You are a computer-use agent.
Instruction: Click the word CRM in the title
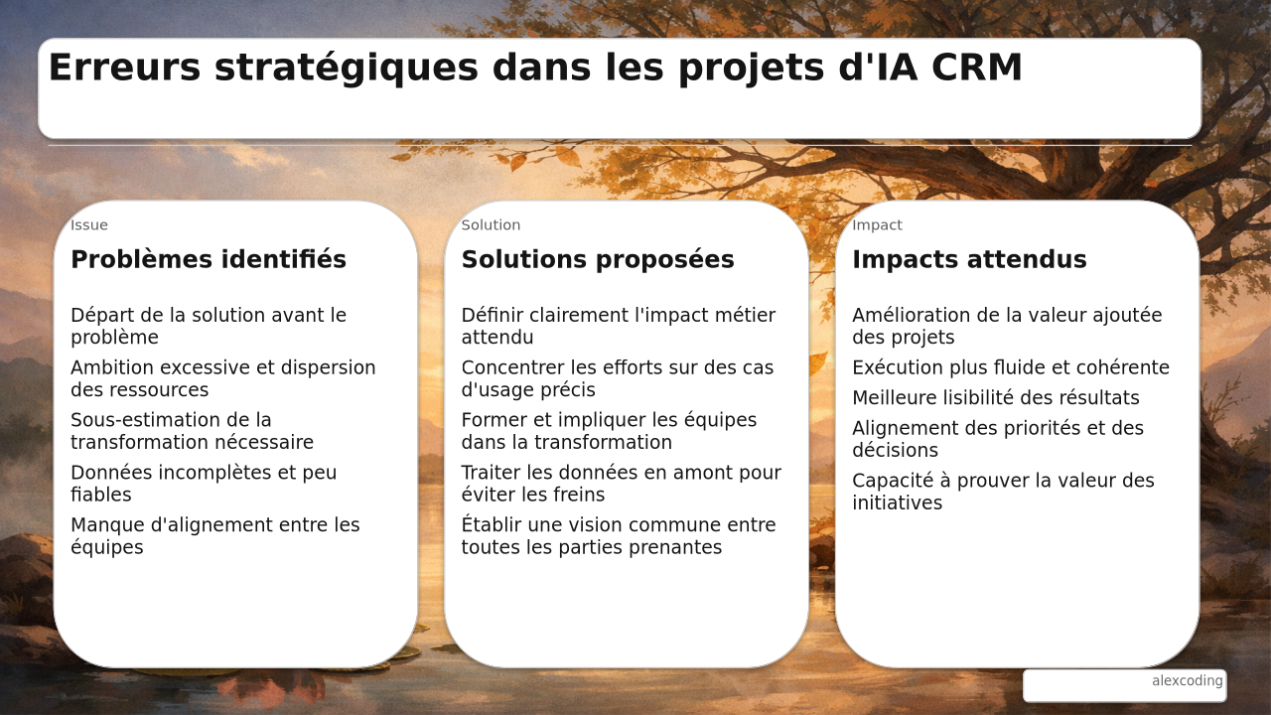(976, 67)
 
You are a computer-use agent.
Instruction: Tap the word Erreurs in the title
(125, 67)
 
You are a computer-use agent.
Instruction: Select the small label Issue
(89, 225)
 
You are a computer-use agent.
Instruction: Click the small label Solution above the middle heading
(491, 225)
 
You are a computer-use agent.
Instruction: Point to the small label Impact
(877, 225)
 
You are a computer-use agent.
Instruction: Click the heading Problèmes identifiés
(209, 259)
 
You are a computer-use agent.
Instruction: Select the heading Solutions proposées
(598, 259)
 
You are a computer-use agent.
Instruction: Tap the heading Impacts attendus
(969, 259)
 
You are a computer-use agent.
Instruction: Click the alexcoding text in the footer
(1187, 680)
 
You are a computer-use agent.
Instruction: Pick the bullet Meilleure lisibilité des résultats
(996, 398)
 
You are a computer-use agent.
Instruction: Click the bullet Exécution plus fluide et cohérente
(1011, 367)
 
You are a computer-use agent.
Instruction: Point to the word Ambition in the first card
(113, 367)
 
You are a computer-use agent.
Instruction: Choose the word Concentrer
(513, 367)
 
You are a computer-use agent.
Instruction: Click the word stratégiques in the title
(347, 69)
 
